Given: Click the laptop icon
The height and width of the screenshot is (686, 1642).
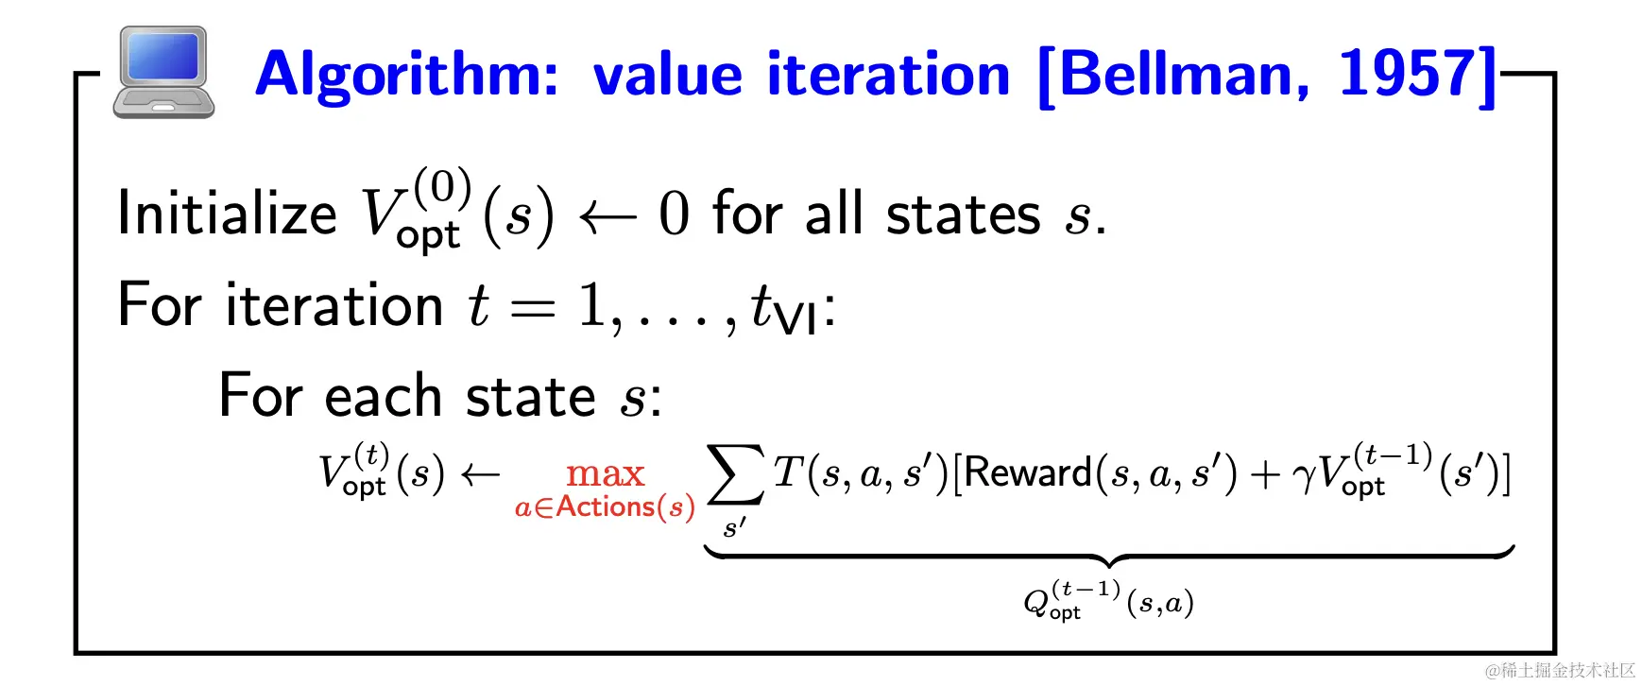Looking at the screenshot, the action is coord(163,72).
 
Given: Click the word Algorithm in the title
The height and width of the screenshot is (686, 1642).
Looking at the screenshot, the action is coord(407,76).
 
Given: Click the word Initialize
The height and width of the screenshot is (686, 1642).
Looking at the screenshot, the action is coord(227,213).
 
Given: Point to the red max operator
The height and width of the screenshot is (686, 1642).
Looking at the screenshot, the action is coord(605,472).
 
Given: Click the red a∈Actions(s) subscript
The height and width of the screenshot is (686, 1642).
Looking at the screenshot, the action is coord(605,507).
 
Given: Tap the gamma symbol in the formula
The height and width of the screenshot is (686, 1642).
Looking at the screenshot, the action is coord(1305,475).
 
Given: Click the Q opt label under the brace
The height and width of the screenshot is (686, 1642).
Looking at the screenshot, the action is coord(1109,600).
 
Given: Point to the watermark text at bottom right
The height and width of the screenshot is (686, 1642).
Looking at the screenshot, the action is coord(1560,670).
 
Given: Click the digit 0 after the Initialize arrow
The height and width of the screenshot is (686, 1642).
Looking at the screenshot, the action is coord(674,213).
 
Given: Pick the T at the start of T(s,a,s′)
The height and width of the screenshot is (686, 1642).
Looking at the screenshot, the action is coord(788,471).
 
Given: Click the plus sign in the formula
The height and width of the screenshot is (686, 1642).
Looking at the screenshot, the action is coord(1264,474).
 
